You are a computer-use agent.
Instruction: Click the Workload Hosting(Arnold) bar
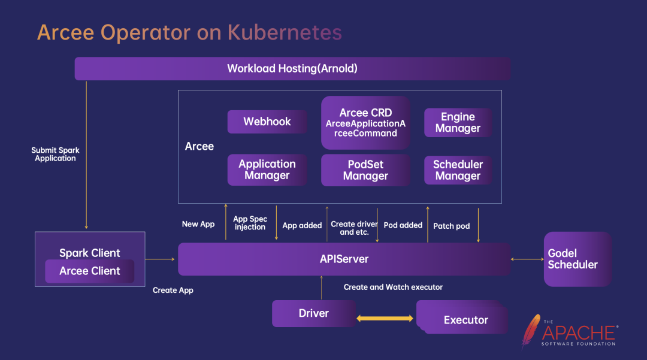click(292, 68)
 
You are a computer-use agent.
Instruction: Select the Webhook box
click(267, 122)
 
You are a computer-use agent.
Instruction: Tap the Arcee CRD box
click(365, 122)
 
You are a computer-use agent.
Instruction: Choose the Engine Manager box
click(458, 123)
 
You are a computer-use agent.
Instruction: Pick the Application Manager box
click(267, 170)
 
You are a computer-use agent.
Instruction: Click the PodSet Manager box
click(365, 170)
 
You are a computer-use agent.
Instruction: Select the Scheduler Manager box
click(458, 170)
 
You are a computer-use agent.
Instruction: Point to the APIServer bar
click(344, 259)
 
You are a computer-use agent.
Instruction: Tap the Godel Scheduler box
click(577, 259)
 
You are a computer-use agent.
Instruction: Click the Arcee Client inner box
click(90, 271)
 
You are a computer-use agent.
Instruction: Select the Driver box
click(314, 313)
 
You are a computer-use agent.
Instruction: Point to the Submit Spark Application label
click(55, 155)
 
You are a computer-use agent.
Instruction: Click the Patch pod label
click(451, 226)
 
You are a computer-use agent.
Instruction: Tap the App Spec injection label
click(250, 223)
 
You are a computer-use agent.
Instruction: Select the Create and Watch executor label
click(393, 288)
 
